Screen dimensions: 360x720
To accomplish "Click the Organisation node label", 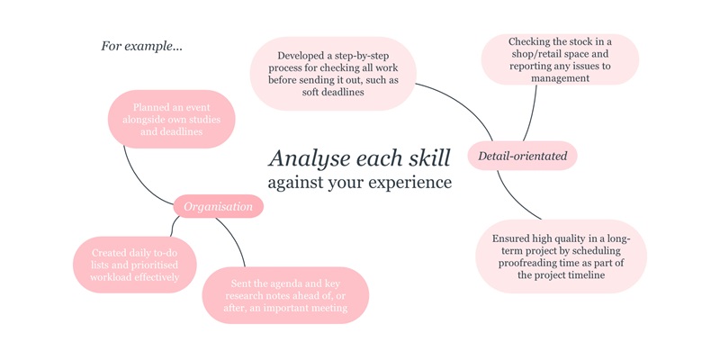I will pos(218,207).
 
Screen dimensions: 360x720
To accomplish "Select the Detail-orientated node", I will pos(522,156).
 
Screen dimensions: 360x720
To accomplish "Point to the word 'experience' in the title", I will pos(411,183).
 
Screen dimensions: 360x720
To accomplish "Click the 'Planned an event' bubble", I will pos(171,119).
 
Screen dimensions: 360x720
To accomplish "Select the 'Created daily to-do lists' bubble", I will pos(134,265).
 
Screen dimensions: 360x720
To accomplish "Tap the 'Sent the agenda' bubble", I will pos(285,295).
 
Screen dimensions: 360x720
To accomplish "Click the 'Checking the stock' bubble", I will pos(559,59).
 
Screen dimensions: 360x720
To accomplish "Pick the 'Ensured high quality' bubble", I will pos(561,256).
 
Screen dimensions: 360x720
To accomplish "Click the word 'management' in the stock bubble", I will pos(560,78).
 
